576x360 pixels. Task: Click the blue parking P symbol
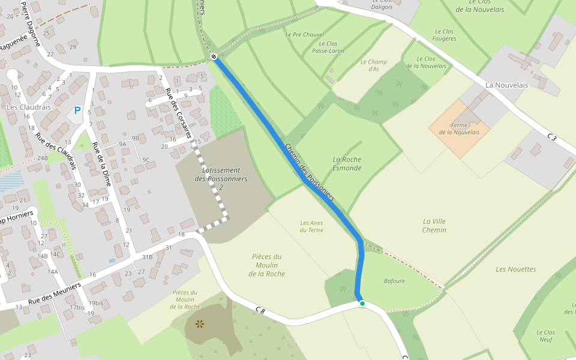pos(77,110)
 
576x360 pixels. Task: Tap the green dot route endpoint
pos(362,304)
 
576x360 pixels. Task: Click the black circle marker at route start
pos(214,56)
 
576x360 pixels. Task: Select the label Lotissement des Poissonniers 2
pos(221,179)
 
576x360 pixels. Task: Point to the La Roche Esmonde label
pos(347,164)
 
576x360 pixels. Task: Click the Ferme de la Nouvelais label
pos(459,129)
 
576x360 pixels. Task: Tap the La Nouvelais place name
pos(506,85)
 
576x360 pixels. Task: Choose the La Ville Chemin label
pos(434,226)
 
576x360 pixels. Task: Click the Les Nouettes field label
pos(515,269)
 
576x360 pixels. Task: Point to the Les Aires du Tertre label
pos(311,226)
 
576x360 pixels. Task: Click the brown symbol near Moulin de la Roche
pos(200,324)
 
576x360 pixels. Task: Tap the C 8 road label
pos(260,310)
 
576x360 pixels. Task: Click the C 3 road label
pos(552,137)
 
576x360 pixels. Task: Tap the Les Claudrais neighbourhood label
pos(28,107)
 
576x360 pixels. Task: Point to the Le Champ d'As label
pos(374,65)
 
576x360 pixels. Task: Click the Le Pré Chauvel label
pos(304,35)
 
